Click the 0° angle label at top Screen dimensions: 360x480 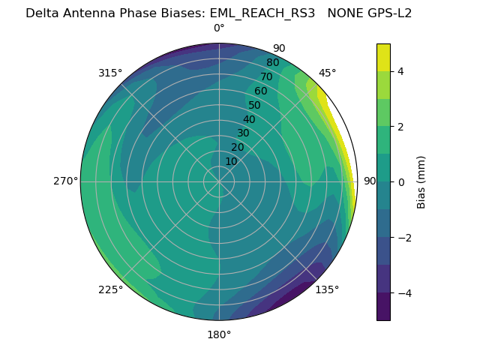pyautogui.click(x=219, y=28)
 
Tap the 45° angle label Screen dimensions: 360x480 pyautogui.click(x=327, y=73)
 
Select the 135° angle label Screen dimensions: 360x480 pyautogui.click(x=327, y=289)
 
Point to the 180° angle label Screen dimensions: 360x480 pyautogui.click(x=219, y=334)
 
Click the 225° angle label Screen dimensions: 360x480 pyautogui.click(x=110, y=289)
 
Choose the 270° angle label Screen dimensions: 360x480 pyautogui.click(x=65, y=181)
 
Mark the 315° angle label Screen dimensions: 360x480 pyautogui.click(x=110, y=73)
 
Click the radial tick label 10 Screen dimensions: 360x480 pyautogui.click(x=231, y=161)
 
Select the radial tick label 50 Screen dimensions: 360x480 pyautogui.click(x=254, y=106)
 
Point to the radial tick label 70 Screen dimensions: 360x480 pyautogui.click(x=266, y=76)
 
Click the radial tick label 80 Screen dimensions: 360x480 pyautogui.click(x=272, y=63)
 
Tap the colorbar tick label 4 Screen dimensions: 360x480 pyautogui.click(x=400, y=71)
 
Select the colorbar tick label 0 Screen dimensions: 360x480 pyautogui.click(x=400, y=181)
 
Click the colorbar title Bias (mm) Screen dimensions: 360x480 pyautogui.click(x=421, y=181)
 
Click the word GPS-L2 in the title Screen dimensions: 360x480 pyautogui.click(x=388, y=13)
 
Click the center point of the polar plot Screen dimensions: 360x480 pyautogui.click(x=219, y=181)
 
